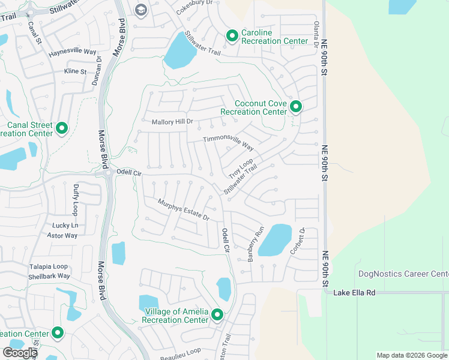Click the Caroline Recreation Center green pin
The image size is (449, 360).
pyautogui.click(x=232, y=37)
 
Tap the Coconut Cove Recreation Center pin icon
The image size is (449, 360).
pyautogui.click(x=295, y=107)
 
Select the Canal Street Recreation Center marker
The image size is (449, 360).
pyautogui.click(x=62, y=128)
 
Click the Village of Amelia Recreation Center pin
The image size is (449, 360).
pyautogui.click(x=217, y=314)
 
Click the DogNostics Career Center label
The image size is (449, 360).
pyautogui.click(x=403, y=274)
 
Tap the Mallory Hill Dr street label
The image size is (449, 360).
pyautogui.click(x=172, y=122)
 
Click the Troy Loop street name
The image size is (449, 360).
pyautogui.click(x=241, y=169)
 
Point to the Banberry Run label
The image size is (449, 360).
pyautogui.click(x=256, y=244)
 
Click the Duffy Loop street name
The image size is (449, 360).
pyautogui.click(x=76, y=200)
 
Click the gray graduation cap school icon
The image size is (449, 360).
pyautogui.click(x=141, y=10)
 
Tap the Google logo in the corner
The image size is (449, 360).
pyautogui.click(x=20, y=353)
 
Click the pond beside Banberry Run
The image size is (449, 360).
pyautogui.click(x=274, y=240)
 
